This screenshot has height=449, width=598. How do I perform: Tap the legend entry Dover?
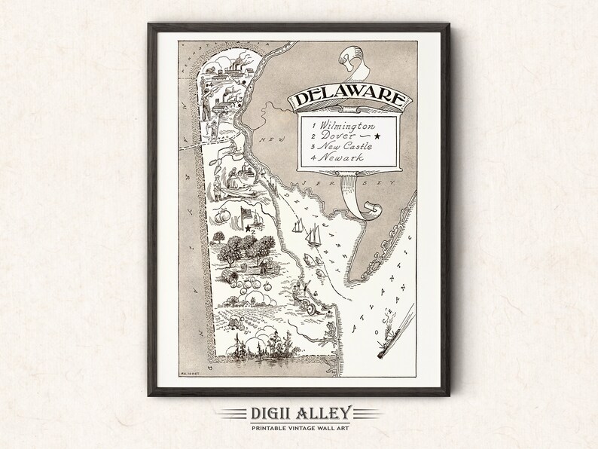336,136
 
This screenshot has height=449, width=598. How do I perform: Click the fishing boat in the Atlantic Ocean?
383,343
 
